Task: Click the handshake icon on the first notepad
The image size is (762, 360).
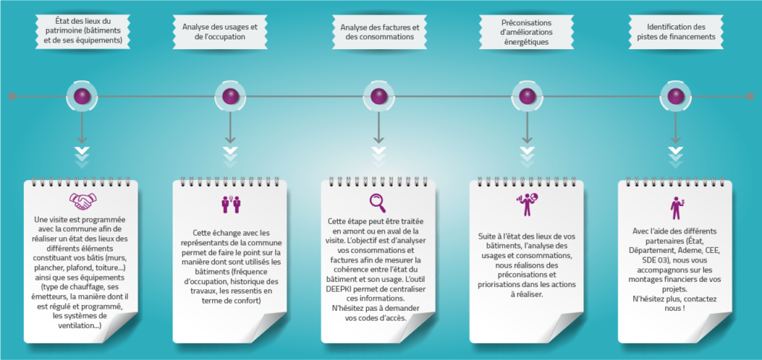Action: [83, 202]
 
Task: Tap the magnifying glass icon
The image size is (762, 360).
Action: [377, 202]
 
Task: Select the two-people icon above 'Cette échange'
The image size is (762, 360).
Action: [231, 204]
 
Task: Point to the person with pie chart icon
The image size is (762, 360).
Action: [526, 205]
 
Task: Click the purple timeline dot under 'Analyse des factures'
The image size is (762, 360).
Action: [379, 96]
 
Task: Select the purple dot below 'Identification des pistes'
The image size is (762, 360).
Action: [676, 96]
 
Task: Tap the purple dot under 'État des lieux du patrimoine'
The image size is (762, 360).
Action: [82, 96]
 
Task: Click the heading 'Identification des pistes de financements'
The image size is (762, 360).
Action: [676, 31]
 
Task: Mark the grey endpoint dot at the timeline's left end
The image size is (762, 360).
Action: [12, 97]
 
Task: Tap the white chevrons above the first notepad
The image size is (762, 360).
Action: [82, 156]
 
